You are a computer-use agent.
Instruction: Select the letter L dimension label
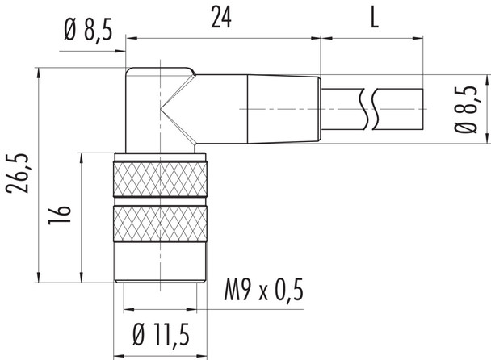pos(375,19)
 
